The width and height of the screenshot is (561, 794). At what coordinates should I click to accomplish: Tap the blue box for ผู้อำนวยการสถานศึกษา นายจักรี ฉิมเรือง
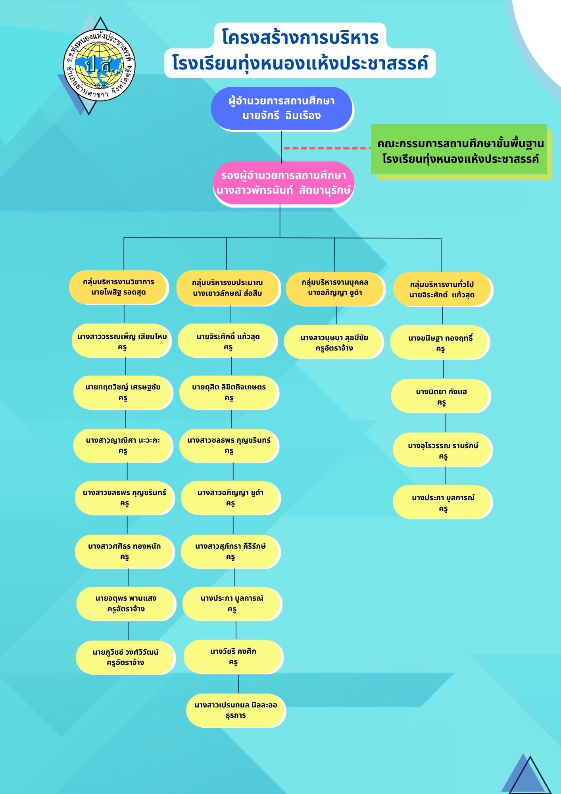pyautogui.click(x=281, y=108)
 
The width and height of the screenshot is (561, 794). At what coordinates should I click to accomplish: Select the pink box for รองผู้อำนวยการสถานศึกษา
pyautogui.click(x=283, y=183)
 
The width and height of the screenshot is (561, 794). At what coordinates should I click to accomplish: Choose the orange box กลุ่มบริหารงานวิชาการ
pyautogui.click(x=118, y=287)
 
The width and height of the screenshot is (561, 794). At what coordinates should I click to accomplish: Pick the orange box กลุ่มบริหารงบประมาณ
pyautogui.click(x=227, y=288)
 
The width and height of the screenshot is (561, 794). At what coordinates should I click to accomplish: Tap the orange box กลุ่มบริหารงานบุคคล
pyautogui.click(x=335, y=288)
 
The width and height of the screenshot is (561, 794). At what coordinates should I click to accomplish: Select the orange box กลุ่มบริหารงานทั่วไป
pyautogui.click(x=442, y=289)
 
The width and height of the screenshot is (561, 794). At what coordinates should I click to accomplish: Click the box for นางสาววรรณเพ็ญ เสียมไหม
pyautogui.click(x=122, y=341)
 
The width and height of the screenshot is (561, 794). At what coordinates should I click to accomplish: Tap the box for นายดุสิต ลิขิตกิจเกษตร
pyautogui.click(x=229, y=392)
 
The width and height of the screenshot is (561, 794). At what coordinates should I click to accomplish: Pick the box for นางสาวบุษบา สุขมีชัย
pyautogui.click(x=334, y=343)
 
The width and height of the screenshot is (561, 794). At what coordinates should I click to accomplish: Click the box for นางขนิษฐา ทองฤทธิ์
pyautogui.click(x=440, y=343)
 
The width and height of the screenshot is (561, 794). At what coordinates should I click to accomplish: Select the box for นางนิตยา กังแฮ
pyautogui.click(x=441, y=397)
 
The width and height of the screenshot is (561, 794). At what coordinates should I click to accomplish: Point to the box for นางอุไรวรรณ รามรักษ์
pyautogui.click(x=443, y=450)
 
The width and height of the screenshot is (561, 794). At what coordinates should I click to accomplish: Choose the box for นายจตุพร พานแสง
pyautogui.click(x=126, y=603)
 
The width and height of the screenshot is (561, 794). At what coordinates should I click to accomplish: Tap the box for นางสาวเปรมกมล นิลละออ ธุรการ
pyautogui.click(x=236, y=710)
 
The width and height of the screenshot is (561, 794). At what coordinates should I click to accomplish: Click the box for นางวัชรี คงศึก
pyautogui.click(x=233, y=657)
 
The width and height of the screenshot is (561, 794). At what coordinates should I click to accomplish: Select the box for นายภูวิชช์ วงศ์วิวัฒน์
pyautogui.click(x=125, y=657)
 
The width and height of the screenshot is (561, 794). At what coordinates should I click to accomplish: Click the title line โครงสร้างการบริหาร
pyautogui.click(x=300, y=37)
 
